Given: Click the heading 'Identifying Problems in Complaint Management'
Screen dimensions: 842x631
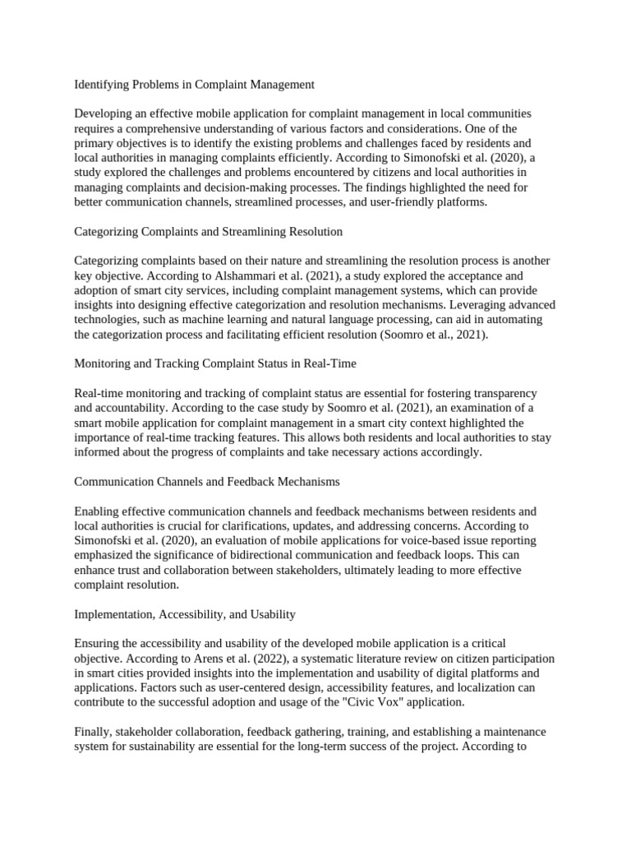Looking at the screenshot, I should (194, 84).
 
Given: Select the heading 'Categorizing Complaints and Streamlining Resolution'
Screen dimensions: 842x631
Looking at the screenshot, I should (208, 232).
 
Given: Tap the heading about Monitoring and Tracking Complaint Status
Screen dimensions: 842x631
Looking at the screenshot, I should (214, 363).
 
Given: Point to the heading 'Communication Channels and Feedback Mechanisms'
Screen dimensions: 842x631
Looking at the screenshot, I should (206, 481).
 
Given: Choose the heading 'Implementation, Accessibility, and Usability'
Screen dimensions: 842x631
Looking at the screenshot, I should (185, 614).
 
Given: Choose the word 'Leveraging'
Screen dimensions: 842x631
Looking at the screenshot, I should (467, 305).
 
